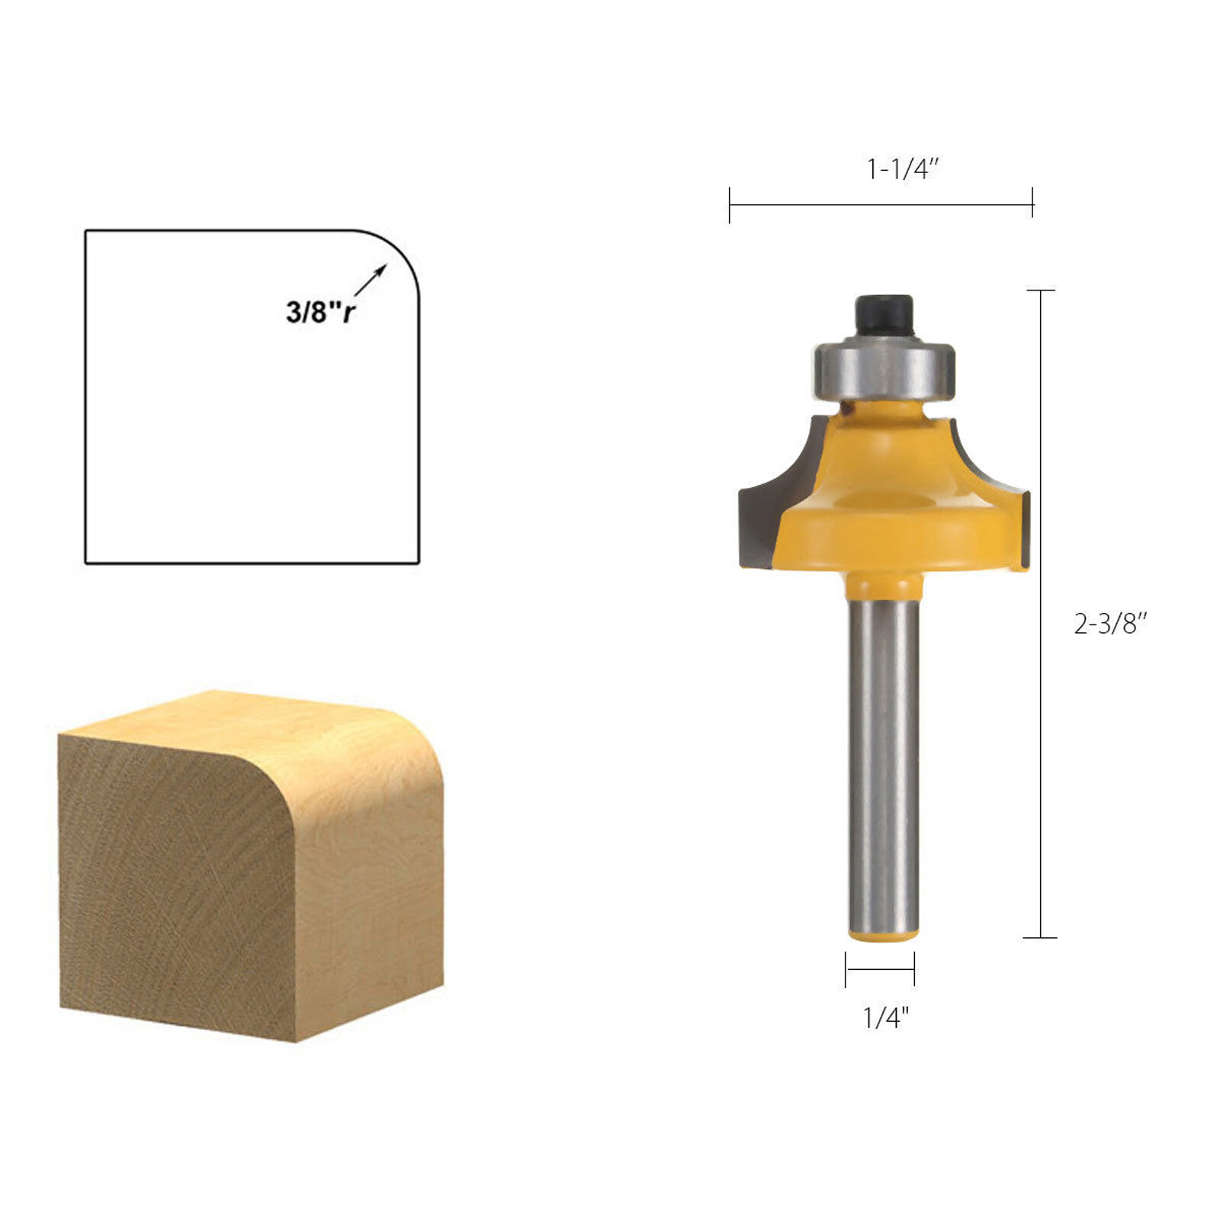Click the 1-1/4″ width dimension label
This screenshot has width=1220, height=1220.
902,169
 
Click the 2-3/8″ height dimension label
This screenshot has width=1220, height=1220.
1109,624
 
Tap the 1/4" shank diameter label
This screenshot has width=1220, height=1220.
885,1016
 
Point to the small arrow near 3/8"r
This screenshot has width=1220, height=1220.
371,279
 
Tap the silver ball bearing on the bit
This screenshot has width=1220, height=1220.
884,370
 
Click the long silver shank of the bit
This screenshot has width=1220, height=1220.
884,762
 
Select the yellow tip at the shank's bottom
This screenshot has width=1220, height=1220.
884,935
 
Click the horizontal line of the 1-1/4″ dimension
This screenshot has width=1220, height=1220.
881,204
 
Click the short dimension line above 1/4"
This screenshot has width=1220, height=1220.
880,969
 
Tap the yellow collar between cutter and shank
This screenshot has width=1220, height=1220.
884,586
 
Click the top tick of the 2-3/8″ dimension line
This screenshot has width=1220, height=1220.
1041,291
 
